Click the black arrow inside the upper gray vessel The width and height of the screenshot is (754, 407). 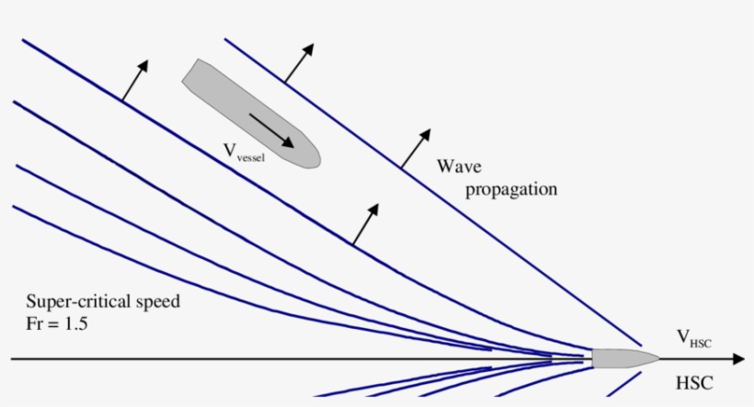pos(271,130)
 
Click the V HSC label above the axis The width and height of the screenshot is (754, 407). pos(695,341)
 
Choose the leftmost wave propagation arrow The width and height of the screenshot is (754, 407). pos(134,80)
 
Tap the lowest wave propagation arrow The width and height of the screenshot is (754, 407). pos(366,222)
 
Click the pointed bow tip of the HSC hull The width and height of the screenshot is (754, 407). pos(658,357)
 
